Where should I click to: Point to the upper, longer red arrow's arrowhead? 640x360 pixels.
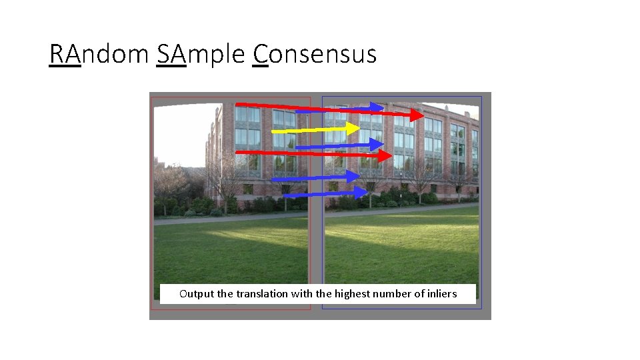point(416,115)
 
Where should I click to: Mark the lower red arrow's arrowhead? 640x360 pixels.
point(384,156)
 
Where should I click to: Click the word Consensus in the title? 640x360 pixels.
point(315,54)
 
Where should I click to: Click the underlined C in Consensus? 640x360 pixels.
point(261,54)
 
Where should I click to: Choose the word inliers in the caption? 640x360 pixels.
point(441,293)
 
